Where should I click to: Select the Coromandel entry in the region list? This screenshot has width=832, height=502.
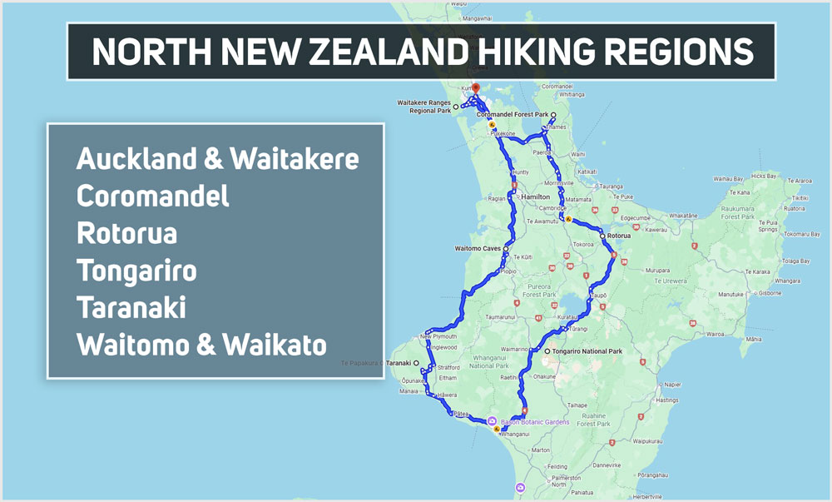pos(152,196)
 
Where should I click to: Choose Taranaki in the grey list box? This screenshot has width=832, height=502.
pos(131,307)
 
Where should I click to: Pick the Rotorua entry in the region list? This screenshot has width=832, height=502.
pos(126,233)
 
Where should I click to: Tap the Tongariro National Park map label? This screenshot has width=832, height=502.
pos(587,351)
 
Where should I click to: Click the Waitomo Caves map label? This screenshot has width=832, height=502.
pos(478,248)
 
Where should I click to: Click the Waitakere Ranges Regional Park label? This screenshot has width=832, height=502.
pos(423,106)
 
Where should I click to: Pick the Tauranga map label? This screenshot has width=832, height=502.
pos(611,186)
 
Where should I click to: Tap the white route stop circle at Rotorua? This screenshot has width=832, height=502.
pos(602,236)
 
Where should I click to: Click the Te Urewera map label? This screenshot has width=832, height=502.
pos(669,281)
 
